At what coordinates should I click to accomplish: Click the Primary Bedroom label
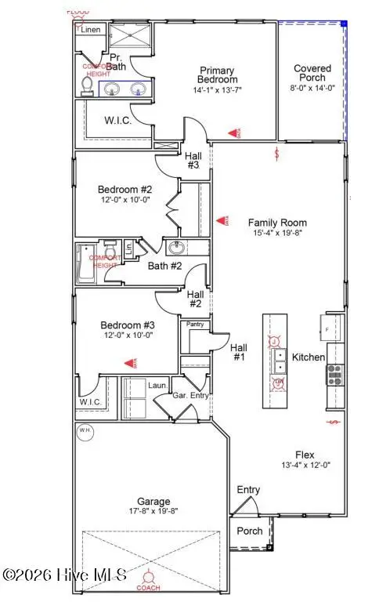tap(218, 74)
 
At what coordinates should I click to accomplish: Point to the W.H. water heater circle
tap(84, 430)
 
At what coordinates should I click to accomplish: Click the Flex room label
tap(305, 454)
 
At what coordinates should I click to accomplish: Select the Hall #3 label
tap(193, 161)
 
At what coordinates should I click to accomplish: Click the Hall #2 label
tap(195, 299)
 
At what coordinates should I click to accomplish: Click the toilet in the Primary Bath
tap(88, 85)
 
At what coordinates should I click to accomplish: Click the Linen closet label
tap(91, 30)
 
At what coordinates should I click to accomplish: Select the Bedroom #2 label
tap(124, 189)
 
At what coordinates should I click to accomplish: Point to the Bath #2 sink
tap(175, 248)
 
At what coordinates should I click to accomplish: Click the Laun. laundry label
tap(157, 385)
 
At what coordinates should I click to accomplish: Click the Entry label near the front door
tap(248, 490)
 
